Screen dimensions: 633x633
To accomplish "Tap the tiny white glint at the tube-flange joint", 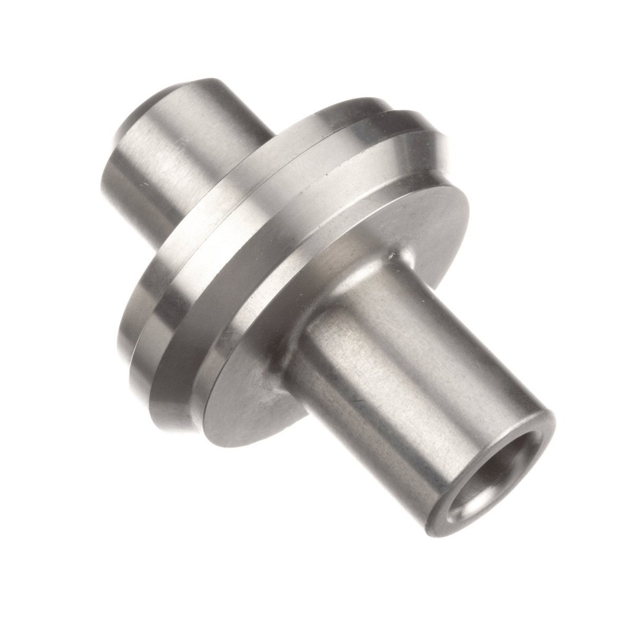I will point(391,253).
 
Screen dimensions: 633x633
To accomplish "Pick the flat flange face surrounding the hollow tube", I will point(247,396).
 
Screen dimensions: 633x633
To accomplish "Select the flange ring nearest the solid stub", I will point(204,210).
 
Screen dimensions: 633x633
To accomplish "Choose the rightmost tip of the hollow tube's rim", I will point(554,427).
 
